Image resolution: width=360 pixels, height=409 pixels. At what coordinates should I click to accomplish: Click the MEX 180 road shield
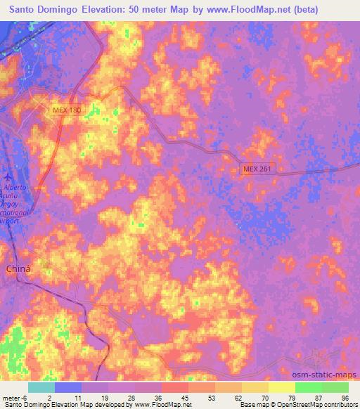point(67,110)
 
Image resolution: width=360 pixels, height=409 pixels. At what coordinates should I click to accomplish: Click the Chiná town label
point(18,268)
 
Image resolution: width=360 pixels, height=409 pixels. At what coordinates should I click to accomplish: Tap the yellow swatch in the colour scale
point(282,387)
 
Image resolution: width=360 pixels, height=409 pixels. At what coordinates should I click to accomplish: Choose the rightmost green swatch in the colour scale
point(335,387)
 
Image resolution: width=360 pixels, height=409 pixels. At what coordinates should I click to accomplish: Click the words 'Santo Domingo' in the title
point(41,10)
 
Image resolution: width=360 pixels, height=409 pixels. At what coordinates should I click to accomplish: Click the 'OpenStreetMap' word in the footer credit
point(301,405)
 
